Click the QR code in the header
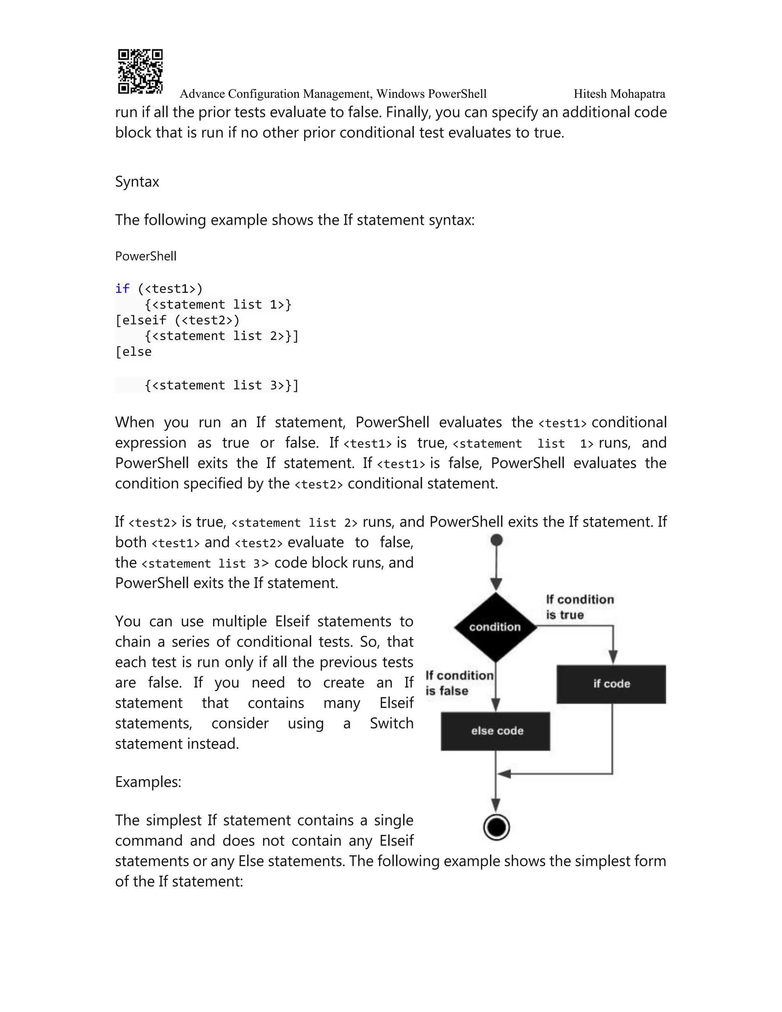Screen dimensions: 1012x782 pos(140,71)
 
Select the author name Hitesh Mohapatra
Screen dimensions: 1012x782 pos(619,94)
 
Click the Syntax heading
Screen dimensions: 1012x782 pos(137,182)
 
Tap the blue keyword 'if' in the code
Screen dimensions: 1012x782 pos(122,289)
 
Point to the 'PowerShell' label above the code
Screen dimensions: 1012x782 pos(145,256)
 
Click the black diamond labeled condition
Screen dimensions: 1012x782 pos(495,627)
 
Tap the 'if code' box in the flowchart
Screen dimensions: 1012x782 pos(611,684)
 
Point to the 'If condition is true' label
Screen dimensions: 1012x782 pos(579,607)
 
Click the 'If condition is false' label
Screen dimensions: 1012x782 pos(459,683)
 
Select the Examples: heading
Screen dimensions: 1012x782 pos(148,782)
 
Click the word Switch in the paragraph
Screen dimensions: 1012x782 pos(391,723)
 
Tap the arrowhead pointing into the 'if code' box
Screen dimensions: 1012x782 pos(612,657)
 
